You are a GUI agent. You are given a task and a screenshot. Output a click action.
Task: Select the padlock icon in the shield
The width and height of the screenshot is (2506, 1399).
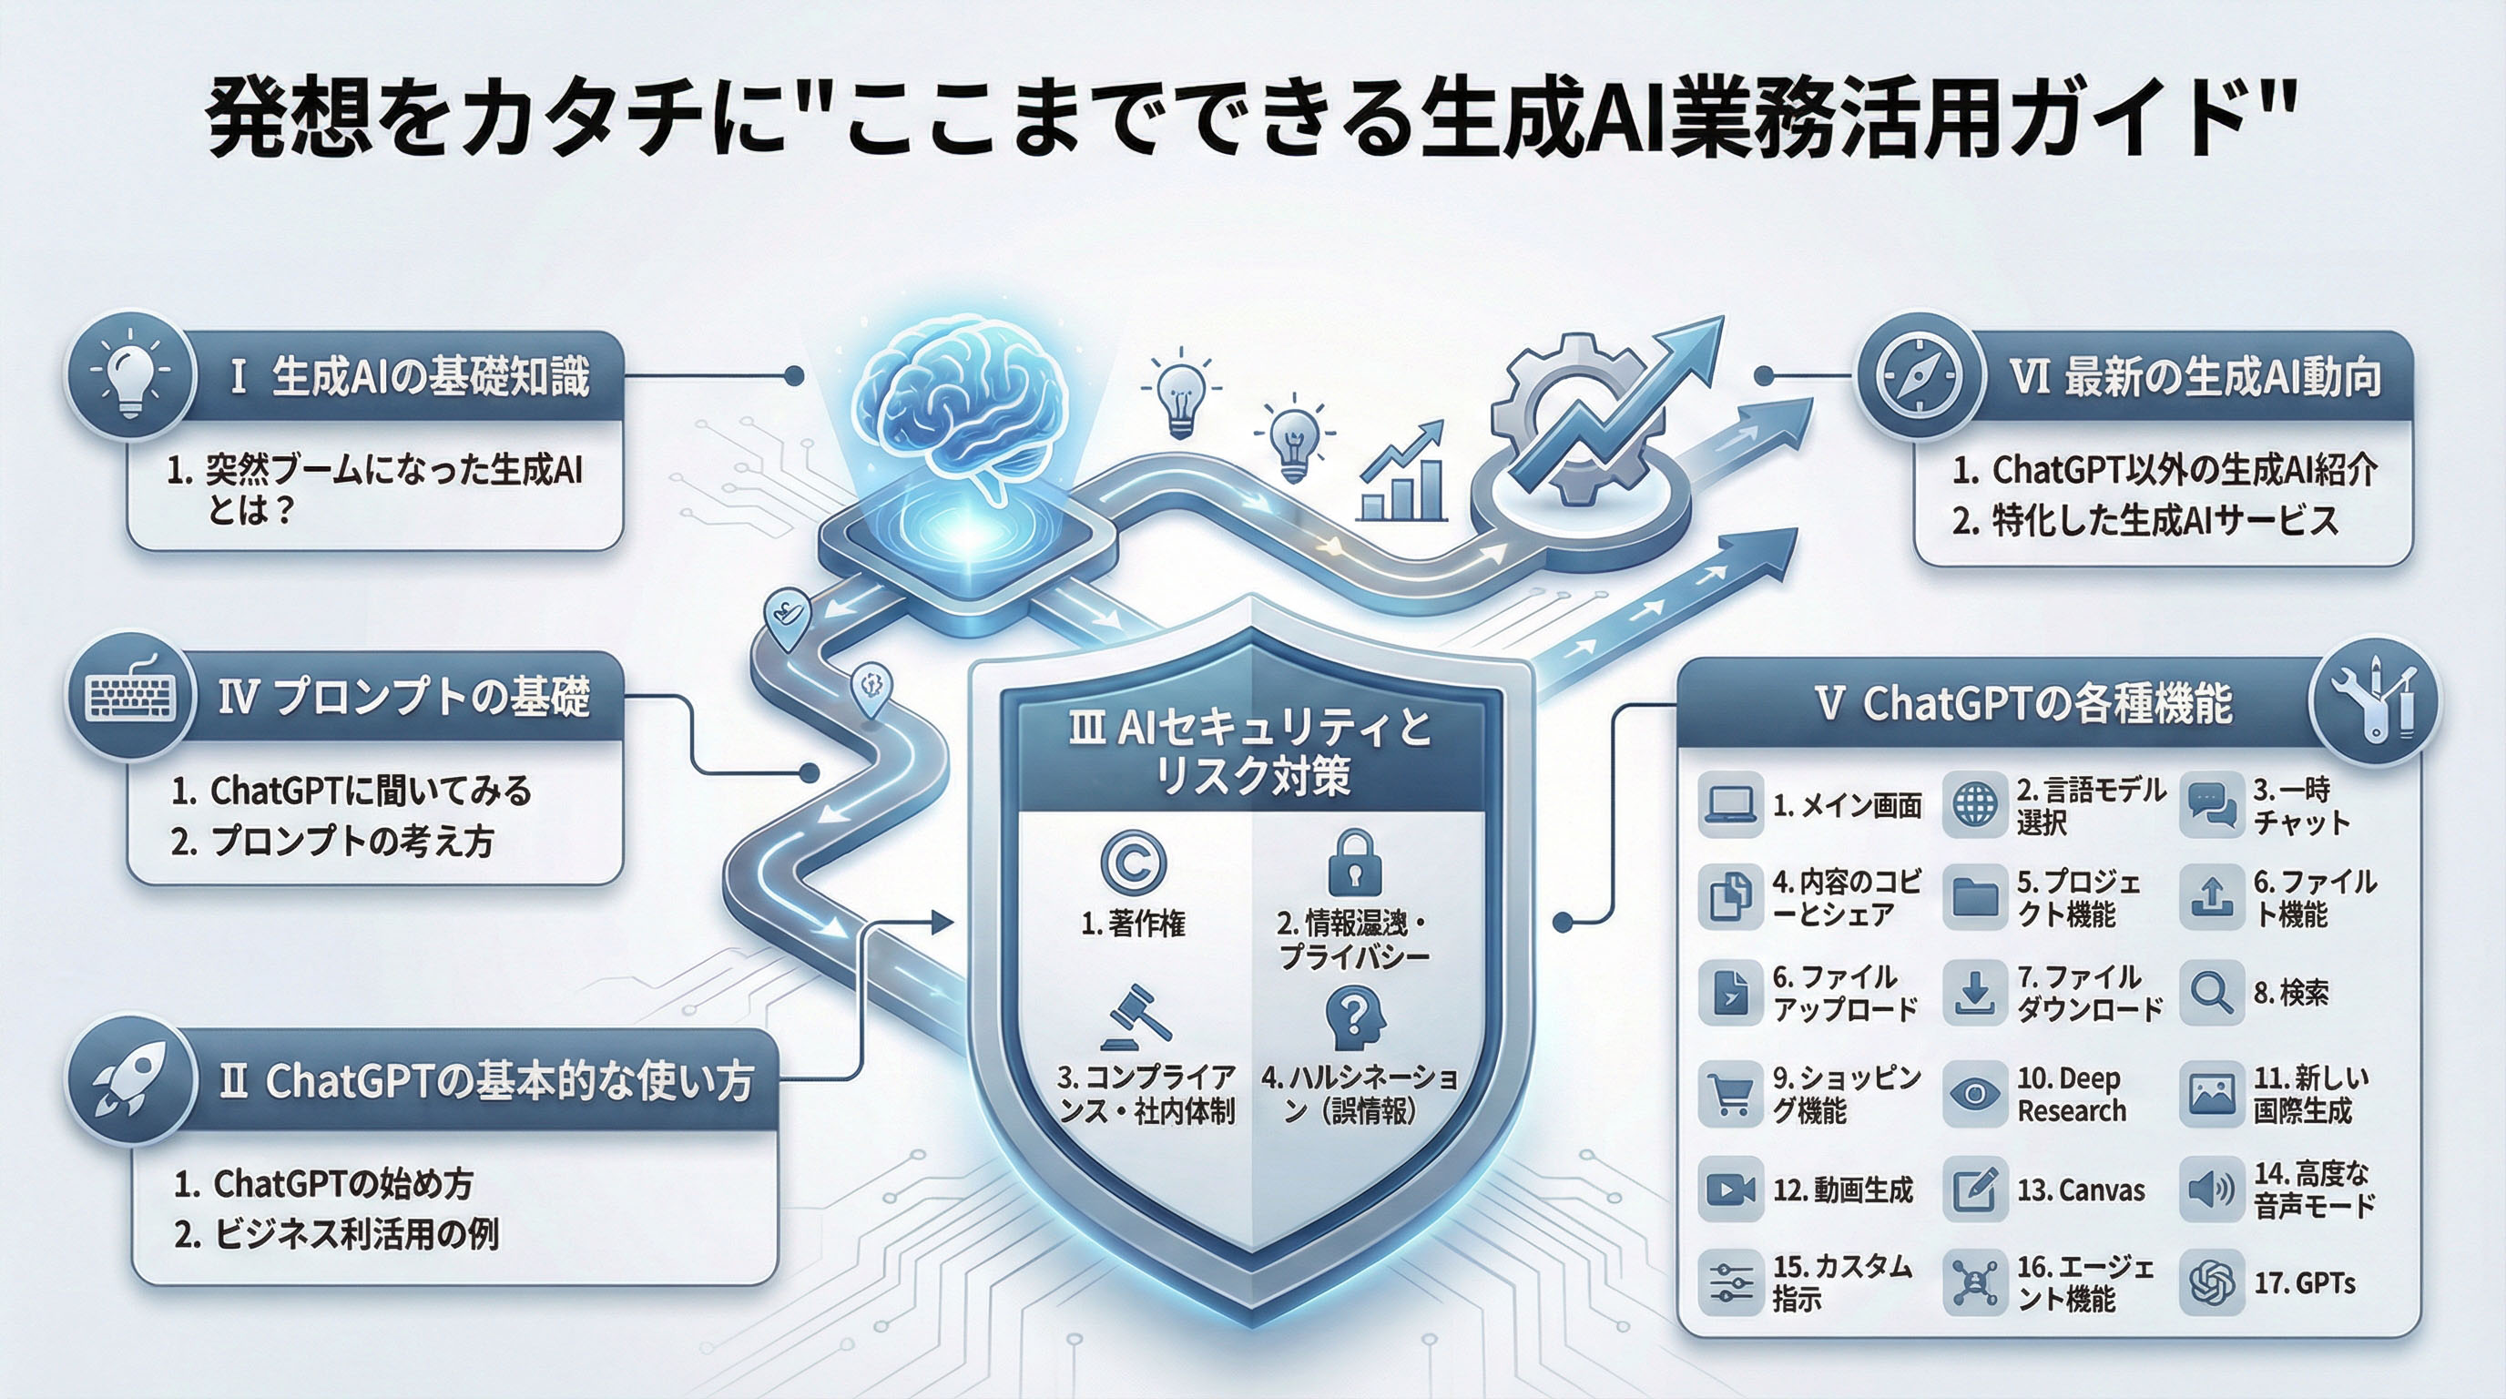(x=1353, y=861)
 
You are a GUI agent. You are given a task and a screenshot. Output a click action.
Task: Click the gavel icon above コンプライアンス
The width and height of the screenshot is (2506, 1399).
(x=1136, y=1016)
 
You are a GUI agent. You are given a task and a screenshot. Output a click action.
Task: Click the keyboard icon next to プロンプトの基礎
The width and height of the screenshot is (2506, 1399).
(x=131, y=697)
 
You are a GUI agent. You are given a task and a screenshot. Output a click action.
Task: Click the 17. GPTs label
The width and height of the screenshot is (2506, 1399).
(x=2305, y=1284)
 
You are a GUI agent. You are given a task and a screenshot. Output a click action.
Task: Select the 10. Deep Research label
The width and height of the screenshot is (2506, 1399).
(x=2071, y=1095)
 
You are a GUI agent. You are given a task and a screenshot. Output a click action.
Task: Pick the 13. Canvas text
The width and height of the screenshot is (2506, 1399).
(x=2081, y=1190)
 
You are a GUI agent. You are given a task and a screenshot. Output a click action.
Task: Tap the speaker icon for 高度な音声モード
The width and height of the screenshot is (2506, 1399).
(x=2210, y=1189)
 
